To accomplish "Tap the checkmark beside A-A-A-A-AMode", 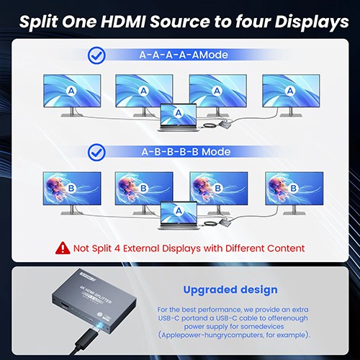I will (x=96, y=55).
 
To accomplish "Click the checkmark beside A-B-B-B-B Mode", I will (x=96, y=153).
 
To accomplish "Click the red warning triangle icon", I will (x=63, y=248).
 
